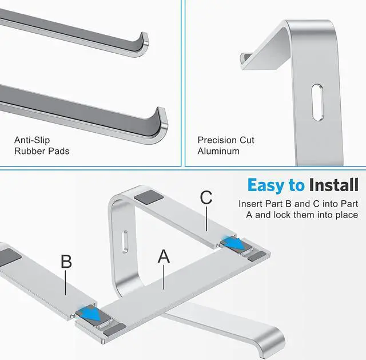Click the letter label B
click(66, 262)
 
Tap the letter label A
click(164, 256)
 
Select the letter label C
click(206, 197)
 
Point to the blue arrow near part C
click(234, 243)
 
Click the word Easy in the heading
click(266, 185)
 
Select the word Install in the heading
click(334, 185)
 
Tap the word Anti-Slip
click(32, 140)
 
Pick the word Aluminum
click(218, 151)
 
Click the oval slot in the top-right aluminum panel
click(317, 102)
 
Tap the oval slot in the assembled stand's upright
click(125, 242)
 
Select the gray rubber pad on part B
click(9, 257)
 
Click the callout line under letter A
click(164, 278)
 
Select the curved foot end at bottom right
click(270, 342)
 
